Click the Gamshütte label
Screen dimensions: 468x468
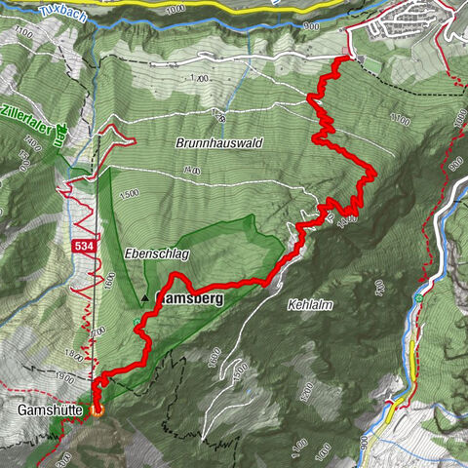[50, 411]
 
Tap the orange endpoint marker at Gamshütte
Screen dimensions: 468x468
[97, 410]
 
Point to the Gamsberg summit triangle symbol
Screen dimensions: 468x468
[146, 298]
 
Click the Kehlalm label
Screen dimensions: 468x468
[311, 305]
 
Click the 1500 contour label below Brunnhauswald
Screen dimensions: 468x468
[128, 193]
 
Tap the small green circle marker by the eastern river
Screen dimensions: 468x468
[418, 297]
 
